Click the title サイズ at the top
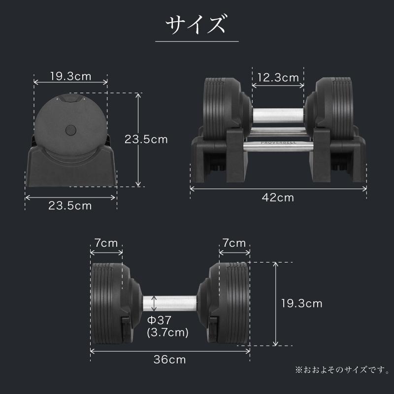coord(197,24)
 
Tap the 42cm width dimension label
coord(278,198)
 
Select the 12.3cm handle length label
coord(278,77)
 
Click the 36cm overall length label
coord(170,360)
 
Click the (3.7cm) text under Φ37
coord(168,333)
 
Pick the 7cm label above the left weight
coord(106,243)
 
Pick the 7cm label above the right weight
coord(234,243)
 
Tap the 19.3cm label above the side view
coord(70,76)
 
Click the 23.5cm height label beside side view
coord(146,139)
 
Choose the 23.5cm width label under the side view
coord(70,206)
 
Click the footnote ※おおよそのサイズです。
coord(342,369)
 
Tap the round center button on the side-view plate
coord(70,130)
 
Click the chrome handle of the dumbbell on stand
coord(278,114)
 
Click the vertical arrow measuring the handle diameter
coord(156,302)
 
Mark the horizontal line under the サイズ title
coord(197,41)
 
